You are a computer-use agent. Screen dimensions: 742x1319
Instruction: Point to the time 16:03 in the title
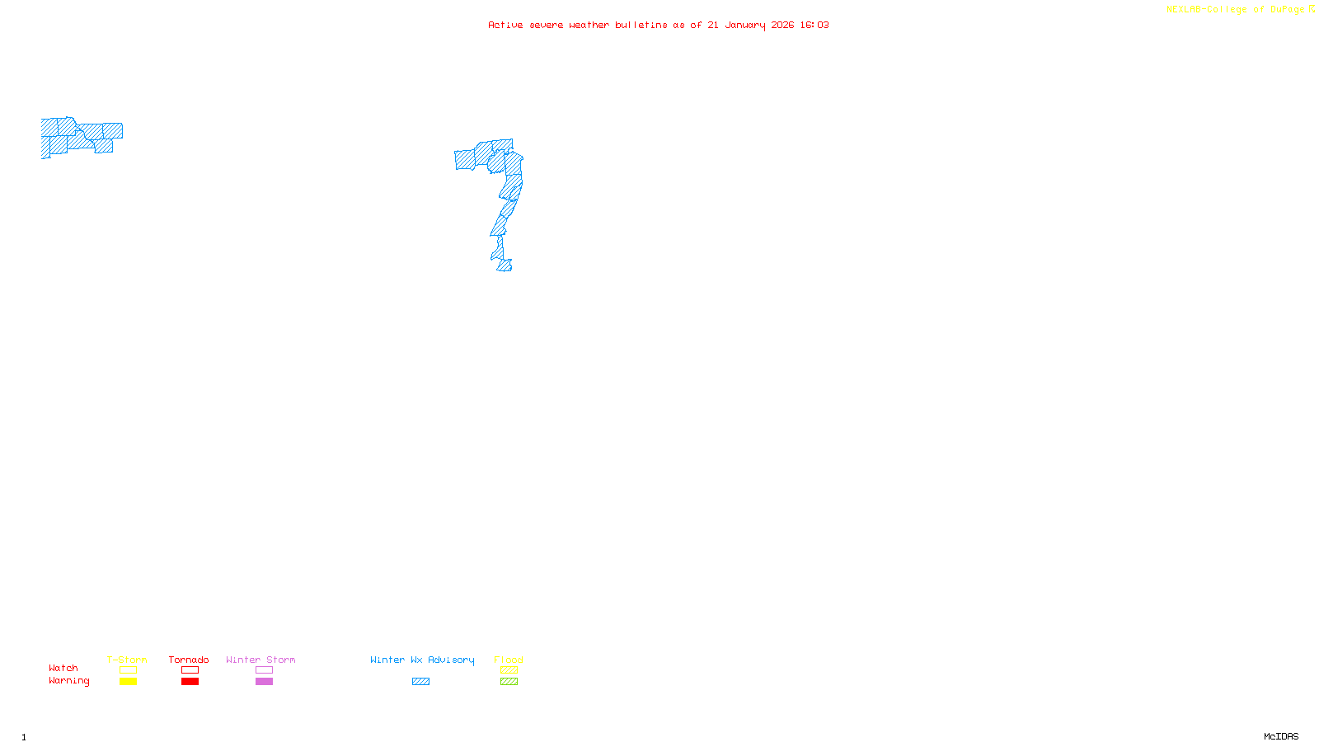click(x=814, y=25)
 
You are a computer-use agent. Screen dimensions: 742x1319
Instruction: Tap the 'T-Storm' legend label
click(x=127, y=660)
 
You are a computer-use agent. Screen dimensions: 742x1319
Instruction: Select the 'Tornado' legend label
click(x=189, y=660)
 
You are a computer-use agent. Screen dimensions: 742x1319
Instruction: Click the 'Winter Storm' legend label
click(x=261, y=660)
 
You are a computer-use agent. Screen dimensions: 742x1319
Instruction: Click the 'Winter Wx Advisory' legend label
click(x=422, y=660)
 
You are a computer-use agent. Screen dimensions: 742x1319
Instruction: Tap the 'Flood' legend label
click(x=509, y=660)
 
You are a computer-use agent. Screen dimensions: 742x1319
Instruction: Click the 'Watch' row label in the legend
click(x=63, y=668)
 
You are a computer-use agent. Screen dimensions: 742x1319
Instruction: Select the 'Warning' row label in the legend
click(x=69, y=681)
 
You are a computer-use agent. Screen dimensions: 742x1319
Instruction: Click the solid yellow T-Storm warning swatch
click(x=128, y=682)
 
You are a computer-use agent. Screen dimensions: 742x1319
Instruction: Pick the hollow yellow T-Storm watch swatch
click(x=128, y=670)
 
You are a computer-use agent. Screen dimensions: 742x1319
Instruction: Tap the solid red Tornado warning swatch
click(x=190, y=682)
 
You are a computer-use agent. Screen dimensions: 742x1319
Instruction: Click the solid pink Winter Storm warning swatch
click(x=264, y=682)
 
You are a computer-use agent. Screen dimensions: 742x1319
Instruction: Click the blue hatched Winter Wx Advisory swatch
click(x=420, y=682)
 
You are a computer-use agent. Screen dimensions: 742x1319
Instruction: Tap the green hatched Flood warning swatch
click(x=509, y=682)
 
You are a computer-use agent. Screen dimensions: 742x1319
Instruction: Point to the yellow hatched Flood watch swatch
click(x=509, y=670)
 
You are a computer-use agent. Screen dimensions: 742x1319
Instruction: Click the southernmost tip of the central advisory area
click(x=504, y=270)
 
